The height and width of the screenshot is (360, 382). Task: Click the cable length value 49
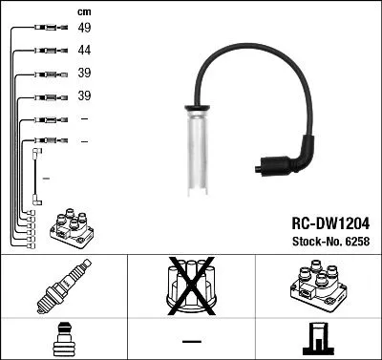(84, 29)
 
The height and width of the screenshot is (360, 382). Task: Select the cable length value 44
(84, 51)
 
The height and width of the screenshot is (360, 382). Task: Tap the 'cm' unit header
(84, 11)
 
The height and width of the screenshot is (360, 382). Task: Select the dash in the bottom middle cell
(191, 341)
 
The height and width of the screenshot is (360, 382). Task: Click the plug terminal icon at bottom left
(63, 339)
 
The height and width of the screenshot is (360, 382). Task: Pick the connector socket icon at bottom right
(317, 339)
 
